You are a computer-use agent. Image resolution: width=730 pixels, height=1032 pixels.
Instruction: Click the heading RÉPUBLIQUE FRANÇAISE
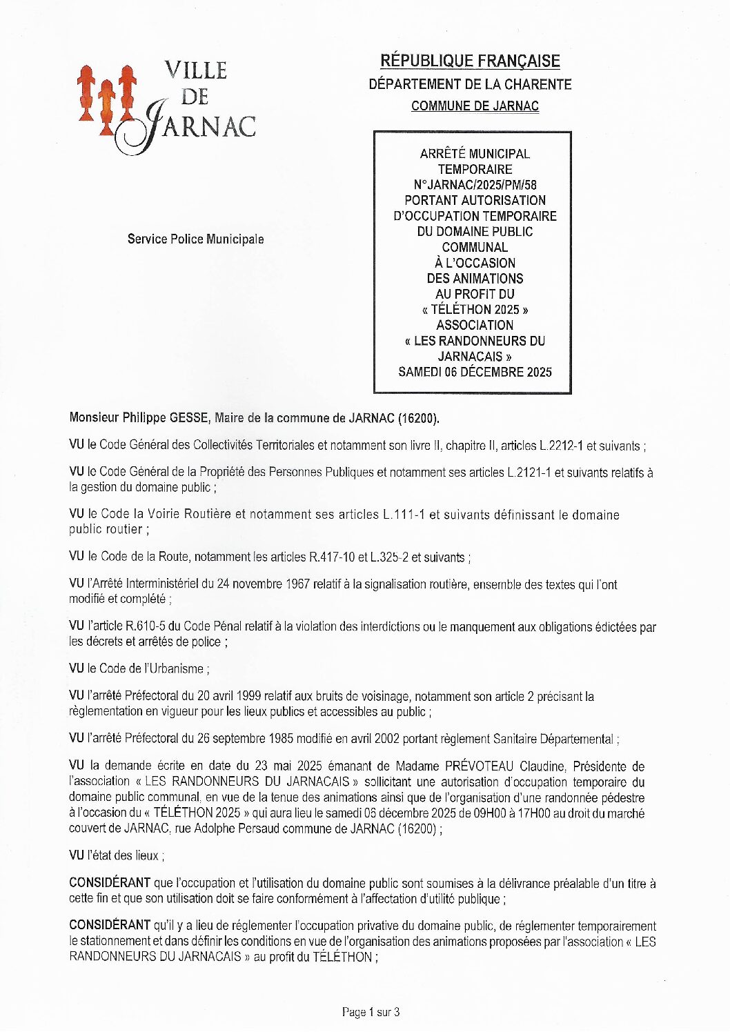pos(470,61)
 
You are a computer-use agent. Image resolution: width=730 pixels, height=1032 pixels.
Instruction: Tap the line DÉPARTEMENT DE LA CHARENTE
pos(470,84)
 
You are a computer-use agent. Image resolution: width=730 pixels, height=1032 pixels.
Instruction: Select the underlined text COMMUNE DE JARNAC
pos(475,106)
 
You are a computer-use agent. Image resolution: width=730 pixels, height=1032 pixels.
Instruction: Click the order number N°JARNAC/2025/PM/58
pos(475,185)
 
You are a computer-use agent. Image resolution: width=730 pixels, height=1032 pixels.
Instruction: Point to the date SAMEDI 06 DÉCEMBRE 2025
pos(475,372)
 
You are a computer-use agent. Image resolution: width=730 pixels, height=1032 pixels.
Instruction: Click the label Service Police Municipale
pos(195,239)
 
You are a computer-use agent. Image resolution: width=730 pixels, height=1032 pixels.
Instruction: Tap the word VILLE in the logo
pos(195,70)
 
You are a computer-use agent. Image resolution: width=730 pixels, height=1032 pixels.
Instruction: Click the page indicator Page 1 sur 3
pos(371,1012)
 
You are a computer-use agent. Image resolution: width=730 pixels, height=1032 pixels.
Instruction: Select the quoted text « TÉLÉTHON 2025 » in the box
pos(475,310)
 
